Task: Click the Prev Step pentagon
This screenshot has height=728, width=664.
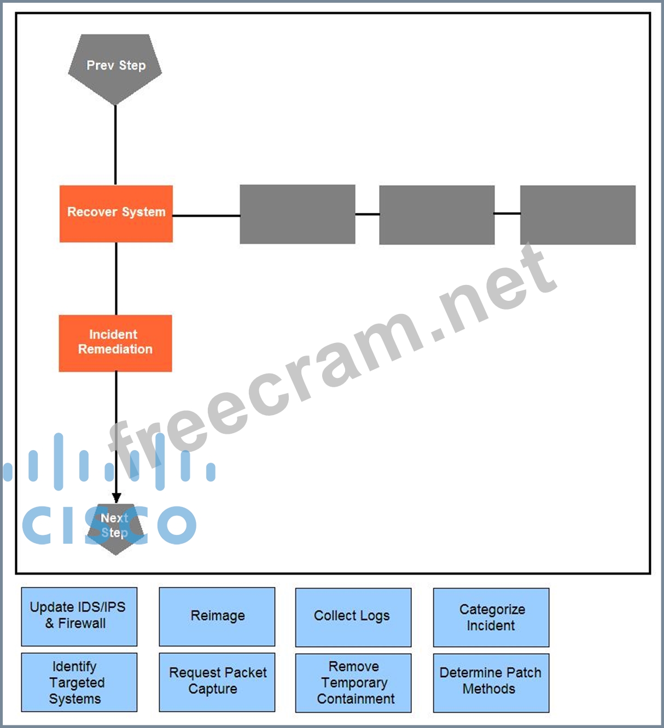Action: [x=115, y=66]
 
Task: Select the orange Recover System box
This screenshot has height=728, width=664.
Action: [x=116, y=213]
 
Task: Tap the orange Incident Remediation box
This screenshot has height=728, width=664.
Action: [x=115, y=343]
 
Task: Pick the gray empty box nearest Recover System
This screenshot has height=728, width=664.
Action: [x=298, y=214]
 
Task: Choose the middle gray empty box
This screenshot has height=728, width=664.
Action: [x=436, y=214]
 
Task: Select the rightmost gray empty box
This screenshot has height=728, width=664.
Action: [x=578, y=214]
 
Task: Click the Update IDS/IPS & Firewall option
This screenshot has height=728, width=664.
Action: [x=79, y=616]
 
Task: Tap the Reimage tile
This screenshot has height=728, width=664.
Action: [x=217, y=616]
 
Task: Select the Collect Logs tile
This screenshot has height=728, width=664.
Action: [x=353, y=617]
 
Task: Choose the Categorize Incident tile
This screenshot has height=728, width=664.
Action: [x=491, y=617]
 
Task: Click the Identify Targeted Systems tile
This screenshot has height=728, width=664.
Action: [x=79, y=682]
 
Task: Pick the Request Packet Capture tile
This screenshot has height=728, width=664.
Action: [x=217, y=682]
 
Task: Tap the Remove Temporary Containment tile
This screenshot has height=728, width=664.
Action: [x=353, y=683]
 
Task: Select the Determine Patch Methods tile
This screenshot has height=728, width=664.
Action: [x=491, y=683]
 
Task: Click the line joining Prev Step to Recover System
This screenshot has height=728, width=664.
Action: [x=115, y=145]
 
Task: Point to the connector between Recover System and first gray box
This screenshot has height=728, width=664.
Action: [x=206, y=216]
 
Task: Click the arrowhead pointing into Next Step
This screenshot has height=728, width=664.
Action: [x=116, y=498]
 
